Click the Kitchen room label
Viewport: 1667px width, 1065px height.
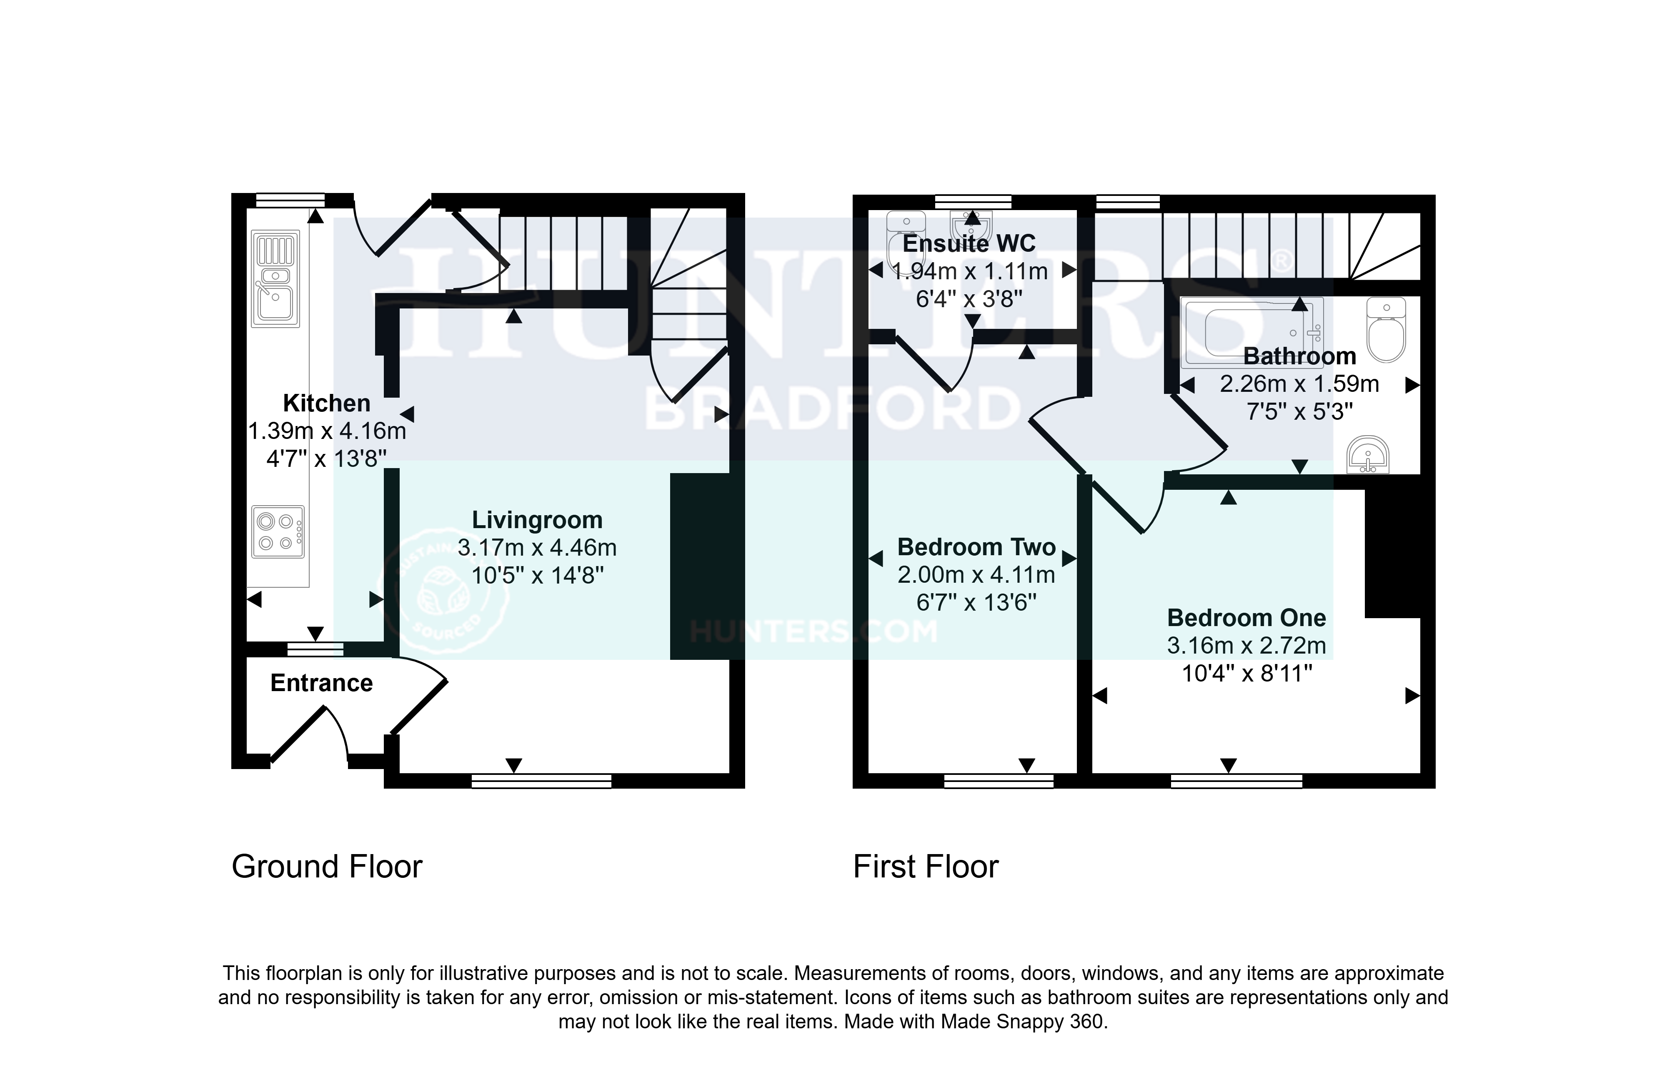tap(327, 403)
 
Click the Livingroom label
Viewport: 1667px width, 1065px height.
tap(537, 520)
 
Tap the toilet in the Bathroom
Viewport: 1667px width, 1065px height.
tap(1387, 330)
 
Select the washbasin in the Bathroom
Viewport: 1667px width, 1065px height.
tap(1368, 454)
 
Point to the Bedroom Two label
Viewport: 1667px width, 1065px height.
tap(976, 547)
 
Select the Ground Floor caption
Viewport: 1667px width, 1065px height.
tap(327, 867)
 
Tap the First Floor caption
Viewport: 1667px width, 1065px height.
tap(926, 867)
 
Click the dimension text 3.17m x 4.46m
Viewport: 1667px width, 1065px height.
tap(537, 548)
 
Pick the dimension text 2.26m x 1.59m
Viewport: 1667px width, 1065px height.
tap(1299, 383)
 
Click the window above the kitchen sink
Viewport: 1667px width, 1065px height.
tap(290, 201)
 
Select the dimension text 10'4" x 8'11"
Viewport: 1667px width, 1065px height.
tap(1247, 673)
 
